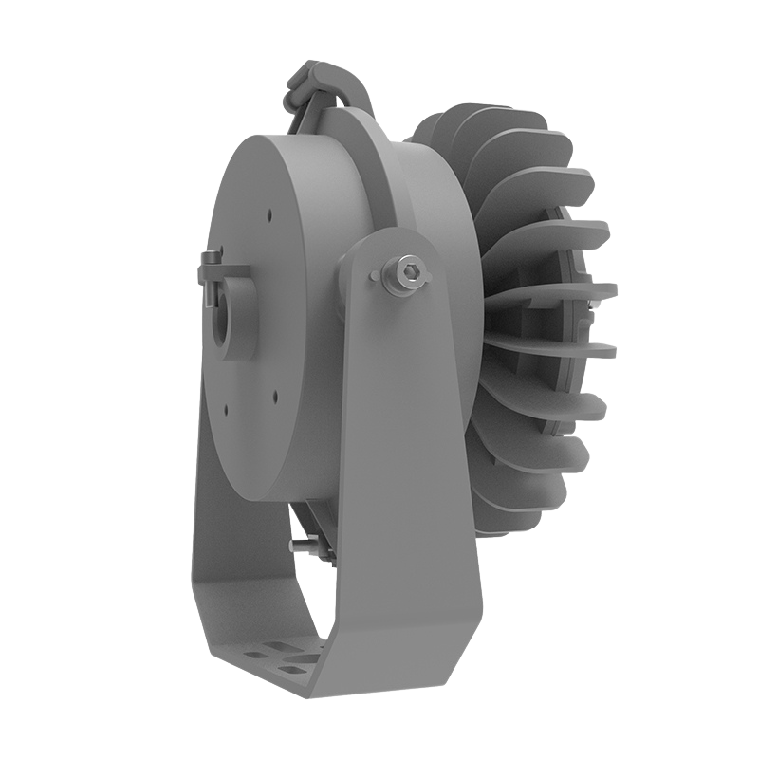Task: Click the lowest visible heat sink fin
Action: pyautogui.click(x=531, y=493)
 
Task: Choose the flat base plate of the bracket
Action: pyautogui.click(x=285, y=664)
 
